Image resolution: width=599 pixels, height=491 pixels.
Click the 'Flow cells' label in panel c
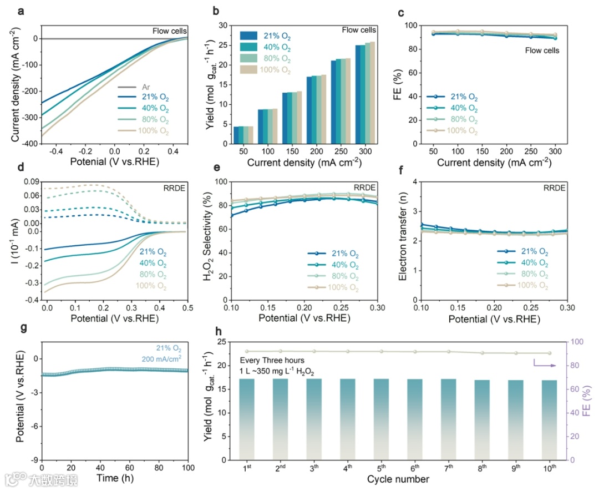[542, 50]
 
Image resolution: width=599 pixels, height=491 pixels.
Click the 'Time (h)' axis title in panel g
[115, 478]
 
